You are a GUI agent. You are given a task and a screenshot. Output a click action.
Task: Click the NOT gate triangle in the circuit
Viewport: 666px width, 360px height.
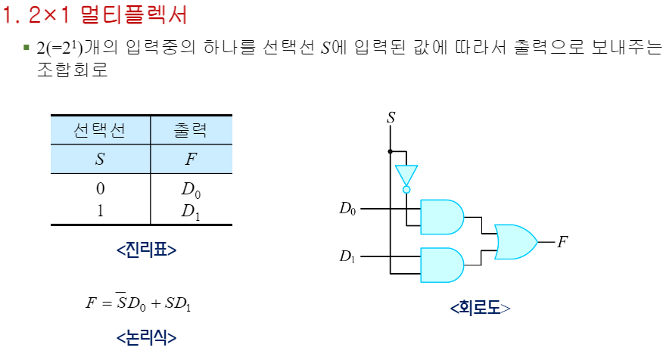click(406, 175)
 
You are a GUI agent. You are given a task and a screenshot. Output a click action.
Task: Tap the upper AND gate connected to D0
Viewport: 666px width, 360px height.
click(441, 217)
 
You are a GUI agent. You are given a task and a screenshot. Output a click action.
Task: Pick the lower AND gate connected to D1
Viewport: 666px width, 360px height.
click(441, 265)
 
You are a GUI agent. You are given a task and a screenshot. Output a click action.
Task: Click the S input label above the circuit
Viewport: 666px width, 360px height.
click(391, 117)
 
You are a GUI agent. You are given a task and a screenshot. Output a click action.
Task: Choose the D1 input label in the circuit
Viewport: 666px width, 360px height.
click(347, 257)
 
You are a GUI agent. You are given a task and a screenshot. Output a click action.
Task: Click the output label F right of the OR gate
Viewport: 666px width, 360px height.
click(562, 242)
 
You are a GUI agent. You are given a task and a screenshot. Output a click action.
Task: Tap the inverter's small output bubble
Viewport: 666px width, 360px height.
click(406, 190)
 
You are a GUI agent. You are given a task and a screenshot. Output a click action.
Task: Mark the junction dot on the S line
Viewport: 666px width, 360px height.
click(391, 151)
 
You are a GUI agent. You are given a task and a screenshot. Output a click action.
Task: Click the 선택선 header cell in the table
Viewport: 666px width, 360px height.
click(100, 130)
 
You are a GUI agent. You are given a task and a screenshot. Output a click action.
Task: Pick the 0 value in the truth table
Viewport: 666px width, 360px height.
click(100, 188)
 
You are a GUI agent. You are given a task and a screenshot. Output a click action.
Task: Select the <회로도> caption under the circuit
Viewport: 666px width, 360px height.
click(480, 308)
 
